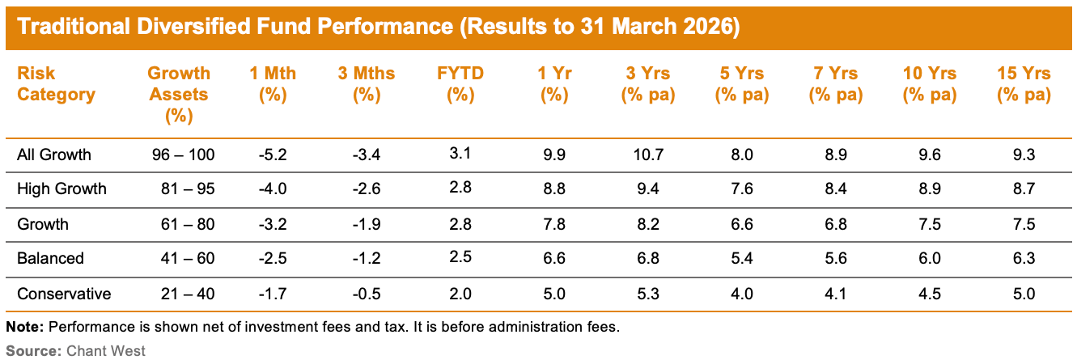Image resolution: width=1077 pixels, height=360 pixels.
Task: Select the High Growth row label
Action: (61, 189)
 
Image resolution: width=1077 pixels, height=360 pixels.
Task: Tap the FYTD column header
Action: (460, 84)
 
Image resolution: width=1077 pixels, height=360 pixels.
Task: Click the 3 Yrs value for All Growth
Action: (647, 155)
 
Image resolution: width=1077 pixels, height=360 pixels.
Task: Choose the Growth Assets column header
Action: (178, 94)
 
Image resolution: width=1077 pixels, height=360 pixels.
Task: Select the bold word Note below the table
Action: (24, 328)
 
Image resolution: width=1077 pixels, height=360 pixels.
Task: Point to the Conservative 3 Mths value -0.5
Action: (366, 294)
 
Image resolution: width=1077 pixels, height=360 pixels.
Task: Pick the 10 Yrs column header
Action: (931, 84)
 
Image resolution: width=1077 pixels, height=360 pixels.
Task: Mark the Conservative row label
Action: (64, 294)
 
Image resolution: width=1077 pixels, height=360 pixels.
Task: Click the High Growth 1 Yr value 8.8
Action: (553, 189)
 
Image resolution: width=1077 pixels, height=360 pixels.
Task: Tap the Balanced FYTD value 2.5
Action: (460, 259)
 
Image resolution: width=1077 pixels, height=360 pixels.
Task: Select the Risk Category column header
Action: (56, 84)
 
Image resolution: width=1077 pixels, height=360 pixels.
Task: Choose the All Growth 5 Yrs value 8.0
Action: (740, 155)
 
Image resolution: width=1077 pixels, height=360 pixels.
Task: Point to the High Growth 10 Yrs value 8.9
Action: (931, 189)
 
